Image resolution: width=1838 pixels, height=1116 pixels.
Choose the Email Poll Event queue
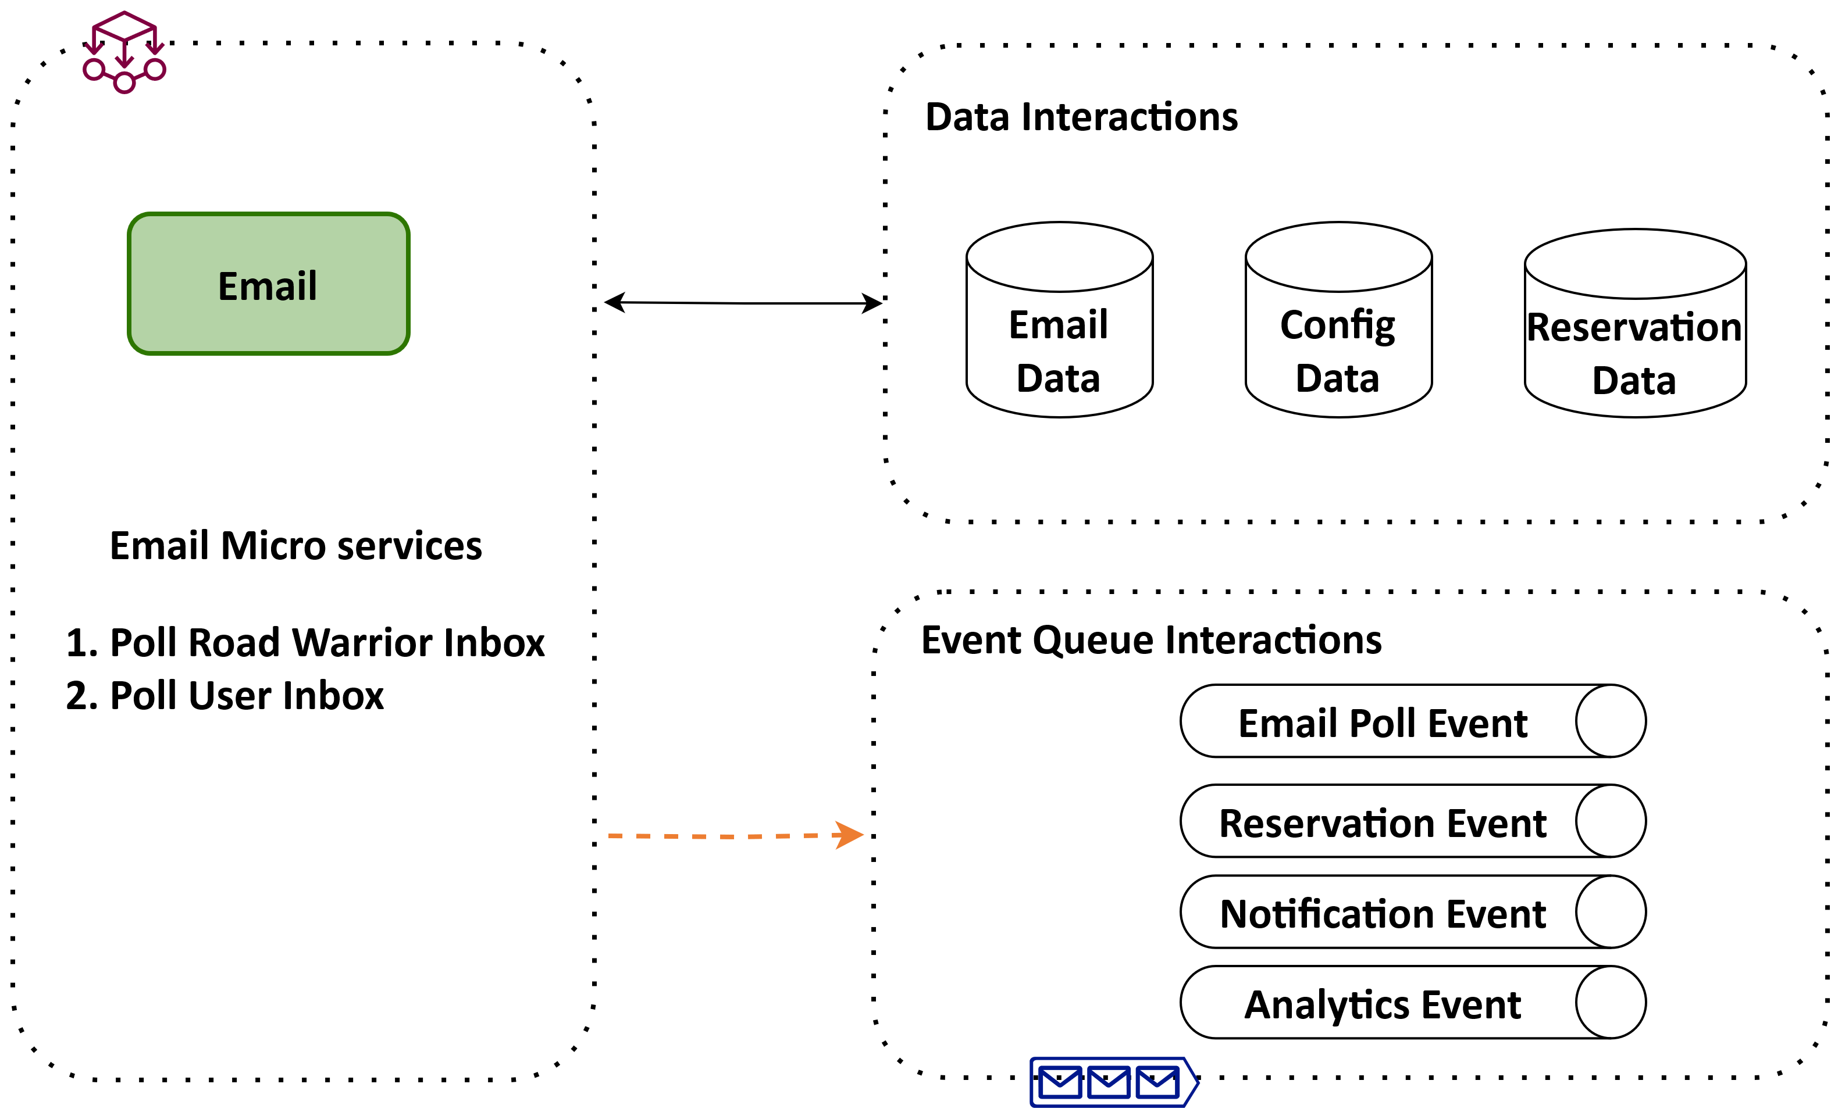pos(1382,722)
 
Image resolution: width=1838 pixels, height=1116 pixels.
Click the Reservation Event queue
pos(1382,822)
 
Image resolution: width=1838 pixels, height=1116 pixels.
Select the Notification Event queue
pos(1382,913)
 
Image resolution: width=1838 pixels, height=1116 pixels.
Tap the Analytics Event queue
pos(1382,1003)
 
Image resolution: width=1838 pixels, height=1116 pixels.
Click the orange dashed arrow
pos(724,836)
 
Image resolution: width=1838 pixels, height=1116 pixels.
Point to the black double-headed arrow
pos(743,303)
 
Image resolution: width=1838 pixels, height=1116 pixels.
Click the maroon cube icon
pos(124,52)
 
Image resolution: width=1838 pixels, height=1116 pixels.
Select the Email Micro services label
pos(295,546)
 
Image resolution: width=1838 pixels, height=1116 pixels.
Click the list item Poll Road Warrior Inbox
pos(306,643)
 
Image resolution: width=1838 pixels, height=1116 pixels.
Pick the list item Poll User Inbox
pos(225,696)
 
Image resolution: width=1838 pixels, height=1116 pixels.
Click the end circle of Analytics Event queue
pos(1611,1003)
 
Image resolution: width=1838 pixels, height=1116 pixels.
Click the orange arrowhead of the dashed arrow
pos(849,835)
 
